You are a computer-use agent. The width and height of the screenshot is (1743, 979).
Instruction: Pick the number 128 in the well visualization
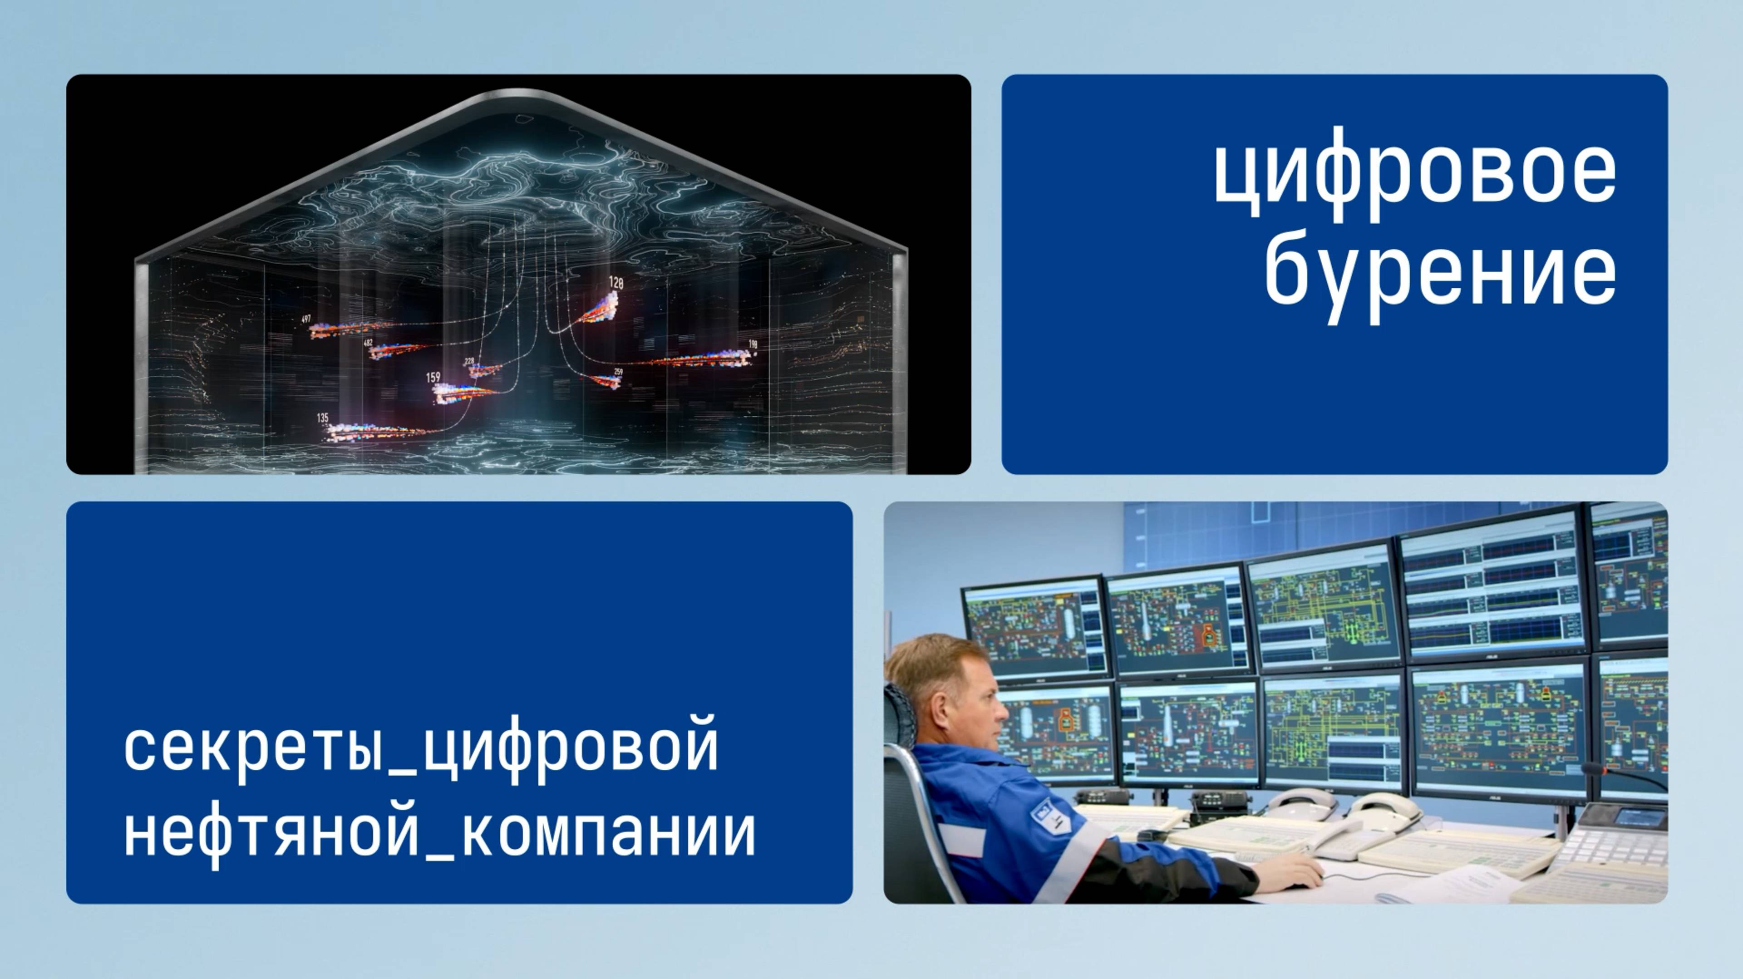tap(616, 283)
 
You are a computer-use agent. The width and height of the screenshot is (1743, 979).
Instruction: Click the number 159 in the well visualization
tap(433, 378)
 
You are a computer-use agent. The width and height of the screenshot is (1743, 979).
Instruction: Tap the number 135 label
tap(323, 418)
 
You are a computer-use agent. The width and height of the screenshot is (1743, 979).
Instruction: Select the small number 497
tap(306, 319)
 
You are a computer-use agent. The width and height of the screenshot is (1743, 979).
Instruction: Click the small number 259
tap(618, 371)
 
